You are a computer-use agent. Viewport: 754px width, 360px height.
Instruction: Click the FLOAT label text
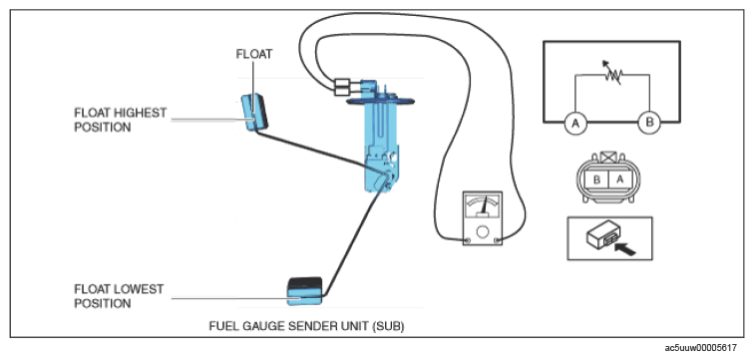click(254, 54)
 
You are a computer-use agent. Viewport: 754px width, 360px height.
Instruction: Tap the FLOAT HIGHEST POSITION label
click(121, 120)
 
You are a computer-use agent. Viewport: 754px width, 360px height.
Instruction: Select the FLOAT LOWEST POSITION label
click(119, 296)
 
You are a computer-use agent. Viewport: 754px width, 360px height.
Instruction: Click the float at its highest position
click(254, 112)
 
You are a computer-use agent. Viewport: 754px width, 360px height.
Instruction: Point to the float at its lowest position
click(305, 291)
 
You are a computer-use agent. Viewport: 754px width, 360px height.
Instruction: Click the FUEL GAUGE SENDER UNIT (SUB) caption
click(307, 326)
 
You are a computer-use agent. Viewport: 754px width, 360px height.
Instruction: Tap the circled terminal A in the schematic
click(575, 123)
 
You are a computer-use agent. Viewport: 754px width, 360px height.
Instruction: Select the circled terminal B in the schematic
click(649, 123)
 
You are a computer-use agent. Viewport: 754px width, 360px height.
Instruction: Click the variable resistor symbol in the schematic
click(611, 74)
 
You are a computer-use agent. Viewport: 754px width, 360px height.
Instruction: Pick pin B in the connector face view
click(596, 180)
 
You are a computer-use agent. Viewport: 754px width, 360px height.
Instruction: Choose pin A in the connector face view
click(619, 180)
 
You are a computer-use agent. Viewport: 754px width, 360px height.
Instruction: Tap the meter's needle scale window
click(483, 205)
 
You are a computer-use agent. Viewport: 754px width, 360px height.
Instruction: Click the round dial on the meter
click(483, 231)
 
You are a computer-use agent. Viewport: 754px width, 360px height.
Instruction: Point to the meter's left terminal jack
click(467, 240)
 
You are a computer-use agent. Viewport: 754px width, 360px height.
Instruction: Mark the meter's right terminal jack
click(498, 240)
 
